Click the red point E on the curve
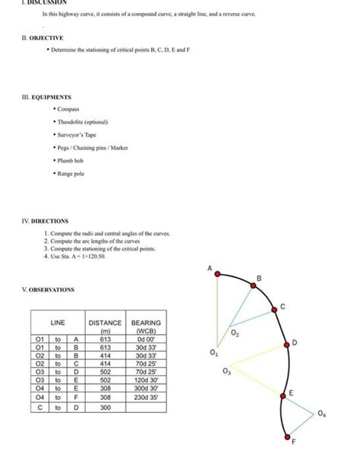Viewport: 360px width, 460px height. pos(281,400)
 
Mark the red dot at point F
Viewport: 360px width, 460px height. pos(286,435)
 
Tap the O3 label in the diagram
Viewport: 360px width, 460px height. pos(226,371)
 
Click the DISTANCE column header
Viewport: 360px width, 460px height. pos(106,323)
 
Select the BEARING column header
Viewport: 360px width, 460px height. pos(146,323)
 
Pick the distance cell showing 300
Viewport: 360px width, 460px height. pos(106,408)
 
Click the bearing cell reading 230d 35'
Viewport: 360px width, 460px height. pos(146,397)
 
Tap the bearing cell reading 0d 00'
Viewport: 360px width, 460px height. pos(146,339)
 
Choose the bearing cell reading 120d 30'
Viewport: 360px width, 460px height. pos(146,380)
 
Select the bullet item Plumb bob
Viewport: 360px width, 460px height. pos(69,161)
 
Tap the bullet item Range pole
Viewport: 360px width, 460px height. pos(70,175)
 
